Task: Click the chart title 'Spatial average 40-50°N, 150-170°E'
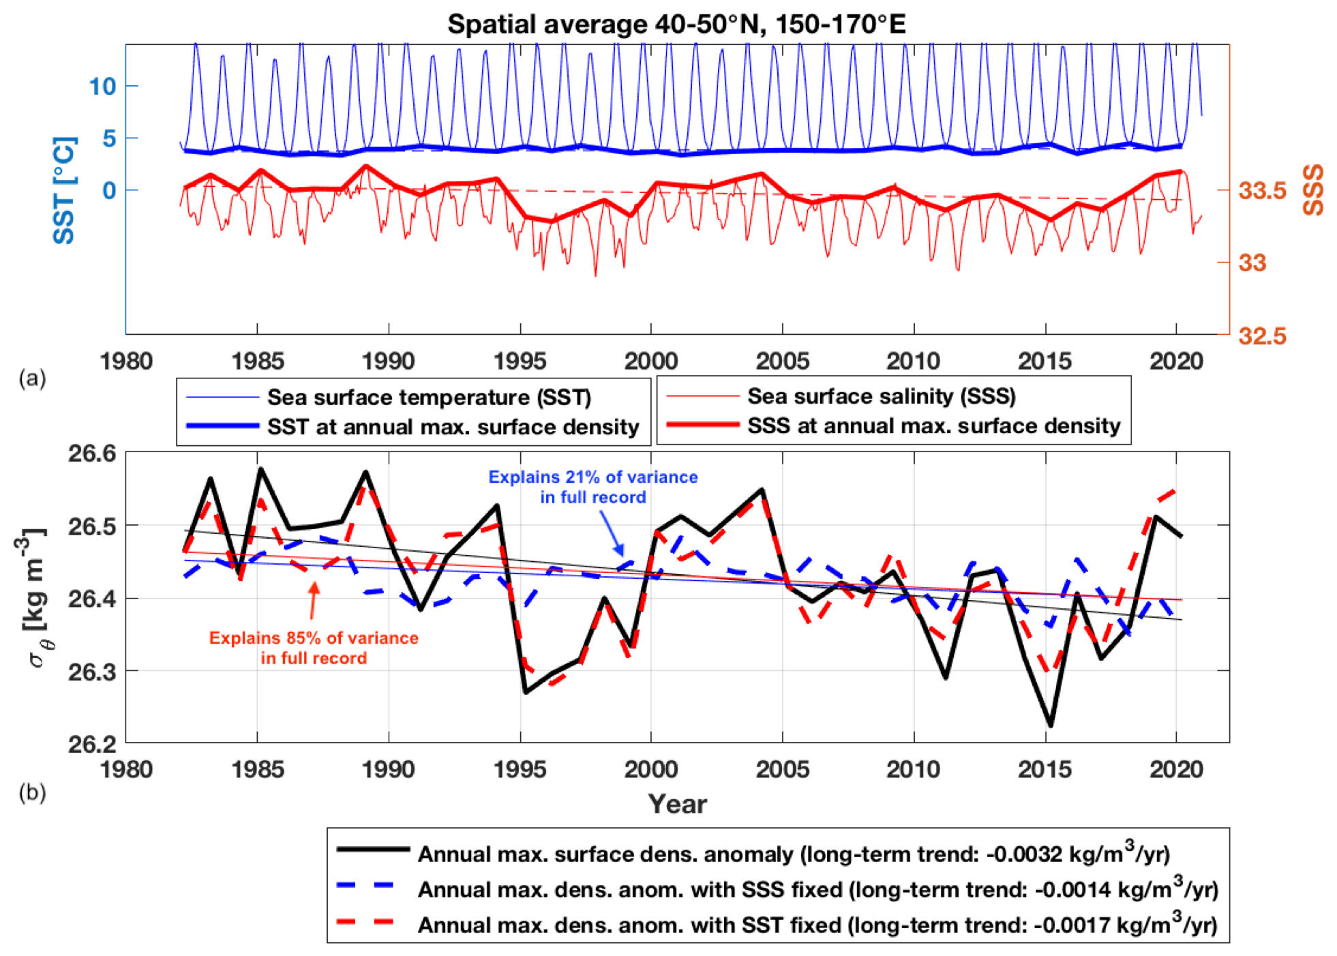pyautogui.click(x=676, y=25)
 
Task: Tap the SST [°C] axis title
pyautogui.click(x=65, y=190)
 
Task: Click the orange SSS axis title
pyautogui.click(x=1312, y=190)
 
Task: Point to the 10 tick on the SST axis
pyautogui.click(x=102, y=87)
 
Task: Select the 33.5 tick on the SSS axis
pyautogui.click(x=1262, y=190)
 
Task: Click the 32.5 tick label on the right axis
pyautogui.click(x=1262, y=335)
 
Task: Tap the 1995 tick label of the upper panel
pyautogui.click(x=520, y=361)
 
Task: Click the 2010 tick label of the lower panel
pyautogui.click(x=913, y=769)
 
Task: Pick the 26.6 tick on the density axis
pyautogui.click(x=92, y=453)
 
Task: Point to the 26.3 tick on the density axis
pyautogui.click(x=92, y=672)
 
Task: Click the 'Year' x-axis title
pyautogui.click(x=677, y=804)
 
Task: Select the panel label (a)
pyautogui.click(x=32, y=378)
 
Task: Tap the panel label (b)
pyautogui.click(x=32, y=792)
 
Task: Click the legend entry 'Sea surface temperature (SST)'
pyautogui.click(x=429, y=397)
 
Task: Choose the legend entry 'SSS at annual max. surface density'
pyautogui.click(x=933, y=426)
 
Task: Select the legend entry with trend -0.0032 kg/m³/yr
pyautogui.click(x=794, y=854)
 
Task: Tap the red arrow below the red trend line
pyautogui.click(x=313, y=600)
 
